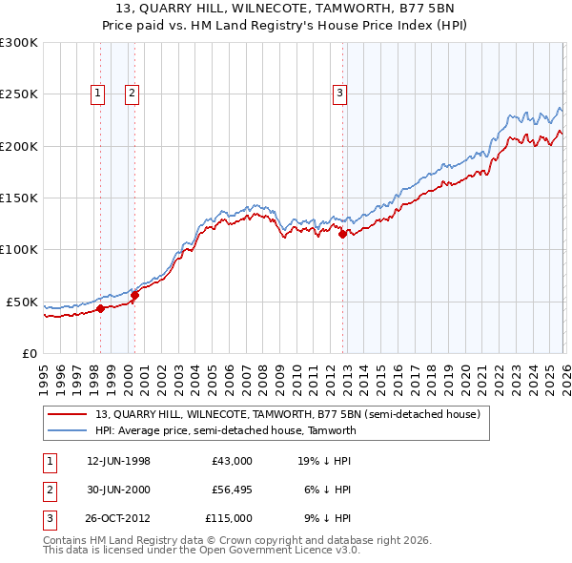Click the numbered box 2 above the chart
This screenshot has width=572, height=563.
point(131,93)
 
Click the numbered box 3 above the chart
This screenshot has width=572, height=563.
point(339,93)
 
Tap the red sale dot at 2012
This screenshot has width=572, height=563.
point(342,233)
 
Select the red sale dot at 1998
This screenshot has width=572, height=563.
point(100,308)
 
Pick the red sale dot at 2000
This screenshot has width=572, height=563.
point(134,295)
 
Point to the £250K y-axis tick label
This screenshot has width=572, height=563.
point(18,94)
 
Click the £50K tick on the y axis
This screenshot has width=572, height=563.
point(21,302)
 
